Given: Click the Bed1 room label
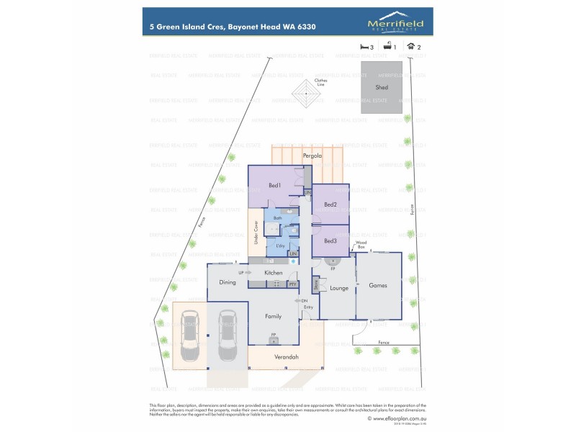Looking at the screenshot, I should [x=274, y=186].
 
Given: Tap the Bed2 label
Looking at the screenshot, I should [x=330, y=204].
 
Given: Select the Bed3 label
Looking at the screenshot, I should [x=330, y=240].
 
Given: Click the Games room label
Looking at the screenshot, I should [x=378, y=285].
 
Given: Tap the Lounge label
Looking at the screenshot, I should [x=339, y=288].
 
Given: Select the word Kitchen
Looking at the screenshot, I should [x=274, y=273].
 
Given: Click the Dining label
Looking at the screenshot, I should [x=228, y=282].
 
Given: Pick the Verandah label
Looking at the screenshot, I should [x=287, y=356].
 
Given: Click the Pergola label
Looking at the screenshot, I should [x=312, y=156].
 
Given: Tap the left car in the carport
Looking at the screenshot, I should [x=191, y=336].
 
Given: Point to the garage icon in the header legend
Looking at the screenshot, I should [x=410, y=46].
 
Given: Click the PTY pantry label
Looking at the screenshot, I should [x=292, y=284].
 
